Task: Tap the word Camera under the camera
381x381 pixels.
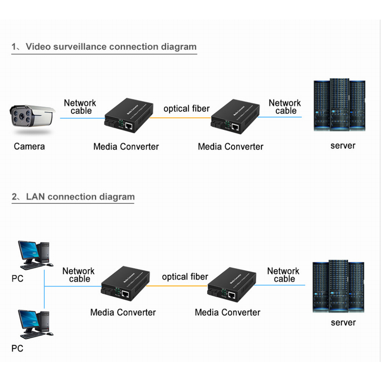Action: tap(29, 146)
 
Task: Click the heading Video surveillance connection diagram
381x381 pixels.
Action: tap(111, 47)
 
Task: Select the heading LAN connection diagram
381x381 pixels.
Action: tap(80, 197)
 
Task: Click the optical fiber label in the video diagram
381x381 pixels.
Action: tap(186, 109)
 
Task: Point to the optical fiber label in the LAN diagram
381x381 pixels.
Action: tap(185, 277)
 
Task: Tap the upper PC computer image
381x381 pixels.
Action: tap(33, 253)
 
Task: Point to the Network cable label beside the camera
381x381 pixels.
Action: tap(80, 107)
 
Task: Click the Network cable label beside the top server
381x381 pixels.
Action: tap(285, 107)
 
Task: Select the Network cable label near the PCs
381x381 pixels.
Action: tap(79, 275)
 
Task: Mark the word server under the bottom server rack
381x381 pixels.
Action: tap(343, 322)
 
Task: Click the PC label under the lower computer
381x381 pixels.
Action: tap(17, 349)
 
